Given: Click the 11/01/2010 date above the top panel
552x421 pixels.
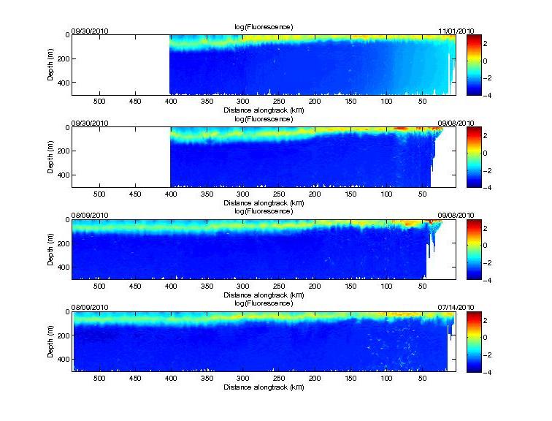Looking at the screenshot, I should pyautogui.click(x=456, y=31).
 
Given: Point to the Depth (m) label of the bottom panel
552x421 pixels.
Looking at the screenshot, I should pyautogui.click(x=53, y=341).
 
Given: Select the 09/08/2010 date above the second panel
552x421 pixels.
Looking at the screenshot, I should pyautogui.click(x=456, y=123).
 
